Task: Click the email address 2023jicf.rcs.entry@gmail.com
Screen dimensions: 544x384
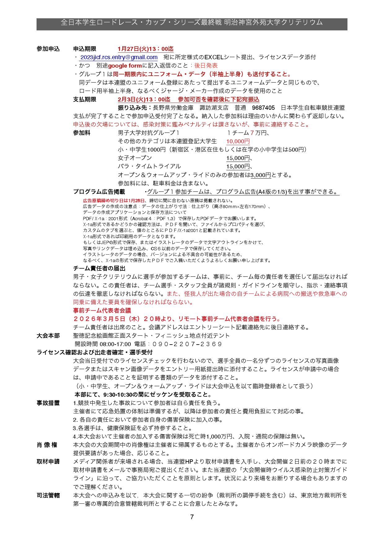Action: (x=119, y=57)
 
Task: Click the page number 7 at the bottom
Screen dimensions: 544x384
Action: (x=192, y=517)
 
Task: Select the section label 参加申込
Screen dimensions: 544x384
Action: (x=48, y=49)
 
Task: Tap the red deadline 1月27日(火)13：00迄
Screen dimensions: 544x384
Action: (x=146, y=49)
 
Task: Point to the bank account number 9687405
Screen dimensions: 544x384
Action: (x=263, y=108)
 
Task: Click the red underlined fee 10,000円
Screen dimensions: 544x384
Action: (x=238, y=142)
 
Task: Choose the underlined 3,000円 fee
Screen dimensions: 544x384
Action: (x=261, y=175)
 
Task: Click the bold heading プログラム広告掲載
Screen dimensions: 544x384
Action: (x=99, y=192)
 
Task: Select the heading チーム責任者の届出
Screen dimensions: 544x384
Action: (x=99, y=268)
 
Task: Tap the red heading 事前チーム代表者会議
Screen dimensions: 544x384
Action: (x=102, y=310)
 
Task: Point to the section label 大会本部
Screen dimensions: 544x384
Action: (x=48, y=336)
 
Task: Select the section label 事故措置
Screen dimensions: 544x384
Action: (x=48, y=403)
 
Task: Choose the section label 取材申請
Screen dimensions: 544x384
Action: (x=48, y=462)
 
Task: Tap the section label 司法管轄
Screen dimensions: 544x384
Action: (x=48, y=495)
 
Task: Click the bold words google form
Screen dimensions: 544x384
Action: (x=125, y=66)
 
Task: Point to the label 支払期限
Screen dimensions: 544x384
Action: (x=85, y=100)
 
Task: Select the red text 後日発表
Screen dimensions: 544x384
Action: (x=206, y=66)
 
